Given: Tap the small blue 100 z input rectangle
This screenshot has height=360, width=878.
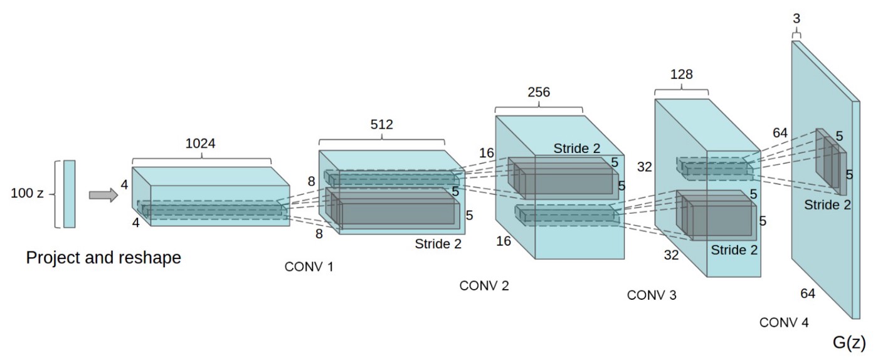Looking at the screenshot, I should [69, 194].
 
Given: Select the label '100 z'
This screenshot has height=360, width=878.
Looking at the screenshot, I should [27, 193].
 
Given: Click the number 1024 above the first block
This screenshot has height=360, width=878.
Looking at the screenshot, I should [201, 143].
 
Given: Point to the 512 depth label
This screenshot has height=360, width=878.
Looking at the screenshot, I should [381, 124].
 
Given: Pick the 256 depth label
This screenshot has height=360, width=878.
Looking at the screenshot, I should [538, 92].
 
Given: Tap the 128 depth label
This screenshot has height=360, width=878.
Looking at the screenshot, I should [681, 74].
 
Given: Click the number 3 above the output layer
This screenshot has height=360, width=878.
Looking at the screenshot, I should [796, 19].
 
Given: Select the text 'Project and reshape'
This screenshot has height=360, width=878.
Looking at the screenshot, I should [103, 257].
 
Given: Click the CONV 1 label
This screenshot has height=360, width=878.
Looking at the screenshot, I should [309, 267].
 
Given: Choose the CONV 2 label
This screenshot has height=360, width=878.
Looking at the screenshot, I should [484, 286].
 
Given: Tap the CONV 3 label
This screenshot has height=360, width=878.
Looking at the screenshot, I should [652, 295].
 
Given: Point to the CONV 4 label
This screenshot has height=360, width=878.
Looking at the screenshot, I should [784, 322].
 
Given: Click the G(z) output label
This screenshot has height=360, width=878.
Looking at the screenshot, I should [849, 342].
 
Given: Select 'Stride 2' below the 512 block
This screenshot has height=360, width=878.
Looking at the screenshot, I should [438, 244].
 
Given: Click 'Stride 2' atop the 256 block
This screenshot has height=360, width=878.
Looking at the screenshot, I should [576, 149].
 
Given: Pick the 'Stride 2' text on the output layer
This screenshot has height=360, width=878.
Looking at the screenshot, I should [827, 204].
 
